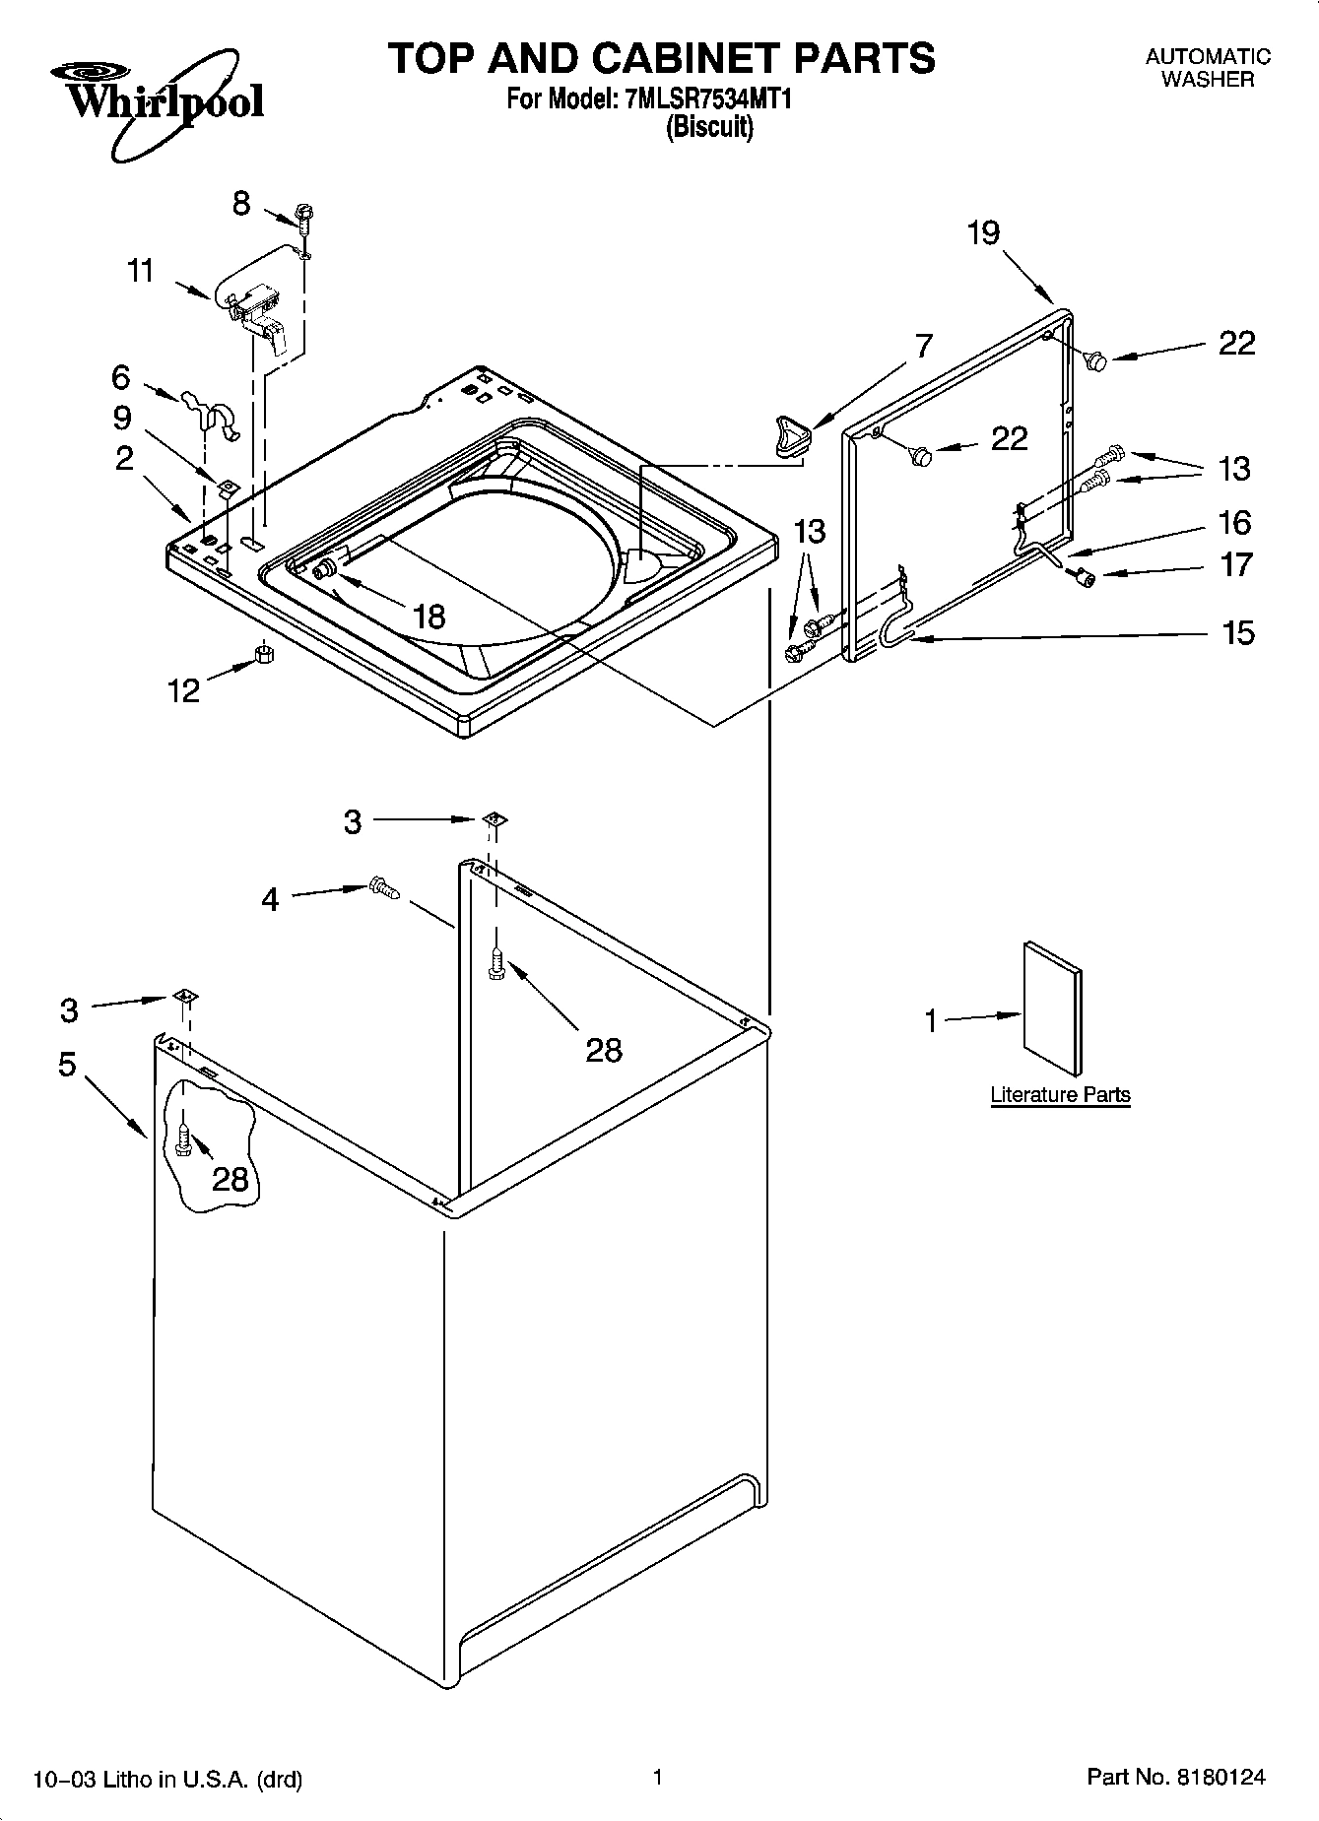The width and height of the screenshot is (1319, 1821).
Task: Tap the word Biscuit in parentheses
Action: coord(709,128)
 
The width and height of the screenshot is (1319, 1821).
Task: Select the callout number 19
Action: coord(982,233)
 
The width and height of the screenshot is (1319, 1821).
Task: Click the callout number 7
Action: coord(922,346)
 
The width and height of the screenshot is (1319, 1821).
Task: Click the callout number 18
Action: coord(429,617)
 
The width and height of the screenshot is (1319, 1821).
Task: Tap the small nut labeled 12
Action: coord(263,654)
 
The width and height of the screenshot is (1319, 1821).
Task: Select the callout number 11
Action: coord(141,270)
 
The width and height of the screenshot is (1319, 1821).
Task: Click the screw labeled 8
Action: coord(304,218)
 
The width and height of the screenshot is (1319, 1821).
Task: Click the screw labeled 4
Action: coord(383,888)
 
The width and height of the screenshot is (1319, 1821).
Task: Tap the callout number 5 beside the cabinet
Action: coord(67,1064)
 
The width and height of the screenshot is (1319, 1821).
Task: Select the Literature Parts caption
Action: coord(1060,1094)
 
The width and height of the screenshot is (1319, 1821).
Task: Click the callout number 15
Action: coord(1238,632)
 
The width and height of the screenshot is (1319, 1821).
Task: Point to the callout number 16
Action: coord(1234,522)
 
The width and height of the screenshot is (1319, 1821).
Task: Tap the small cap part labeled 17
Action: coord(1085,577)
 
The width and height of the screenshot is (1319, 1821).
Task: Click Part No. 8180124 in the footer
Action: coord(1175,1778)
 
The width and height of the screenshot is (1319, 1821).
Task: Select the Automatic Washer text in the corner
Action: coord(1208,68)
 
